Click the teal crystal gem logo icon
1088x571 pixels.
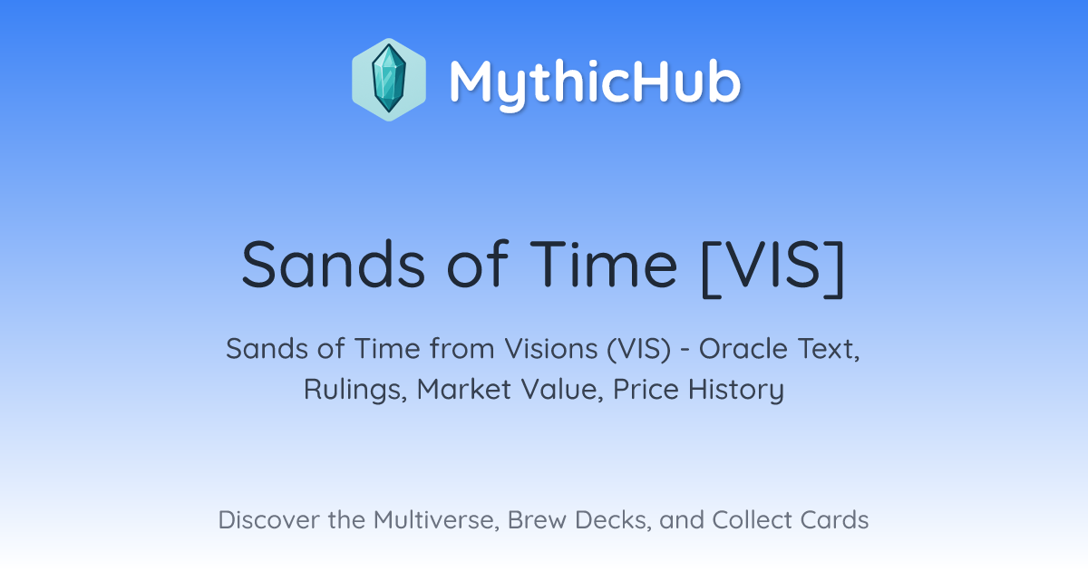(x=389, y=79)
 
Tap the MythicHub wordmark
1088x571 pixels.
(x=595, y=82)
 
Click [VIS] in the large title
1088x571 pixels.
(x=773, y=266)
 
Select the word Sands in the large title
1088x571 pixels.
(x=334, y=265)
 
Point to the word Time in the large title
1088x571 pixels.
(x=603, y=265)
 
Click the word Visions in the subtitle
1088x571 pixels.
(x=551, y=349)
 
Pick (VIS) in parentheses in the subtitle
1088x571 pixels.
(x=638, y=349)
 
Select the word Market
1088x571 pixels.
(x=464, y=389)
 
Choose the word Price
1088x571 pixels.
(x=646, y=389)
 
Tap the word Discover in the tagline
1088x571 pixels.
(x=268, y=519)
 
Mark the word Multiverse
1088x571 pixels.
(x=436, y=520)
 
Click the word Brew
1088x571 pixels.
(x=537, y=519)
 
